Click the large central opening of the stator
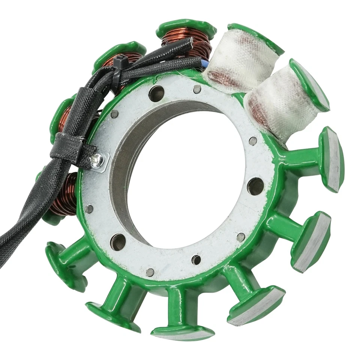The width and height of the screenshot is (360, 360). pos(187,176)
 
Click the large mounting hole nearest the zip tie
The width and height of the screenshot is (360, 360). pos(157,93)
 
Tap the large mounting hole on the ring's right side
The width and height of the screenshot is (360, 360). pos(255,186)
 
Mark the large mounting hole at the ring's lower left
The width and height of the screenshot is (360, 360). pos(118,242)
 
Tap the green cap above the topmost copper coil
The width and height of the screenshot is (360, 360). pos(186,25)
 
